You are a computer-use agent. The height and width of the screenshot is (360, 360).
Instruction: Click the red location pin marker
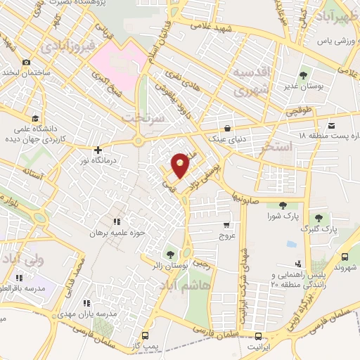point(181,165)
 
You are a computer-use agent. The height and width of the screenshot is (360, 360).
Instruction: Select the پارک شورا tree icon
point(283,205)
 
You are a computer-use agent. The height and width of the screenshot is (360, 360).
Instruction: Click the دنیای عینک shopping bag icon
point(229,129)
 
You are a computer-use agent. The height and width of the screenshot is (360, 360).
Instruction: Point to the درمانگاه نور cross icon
point(98,150)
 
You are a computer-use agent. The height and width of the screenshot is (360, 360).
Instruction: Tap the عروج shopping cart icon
point(226,226)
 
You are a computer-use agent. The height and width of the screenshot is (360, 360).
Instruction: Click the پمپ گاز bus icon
point(146,335)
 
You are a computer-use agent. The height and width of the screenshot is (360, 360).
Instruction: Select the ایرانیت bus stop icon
point(258,336)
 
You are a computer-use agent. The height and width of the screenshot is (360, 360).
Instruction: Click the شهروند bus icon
point(345,257)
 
